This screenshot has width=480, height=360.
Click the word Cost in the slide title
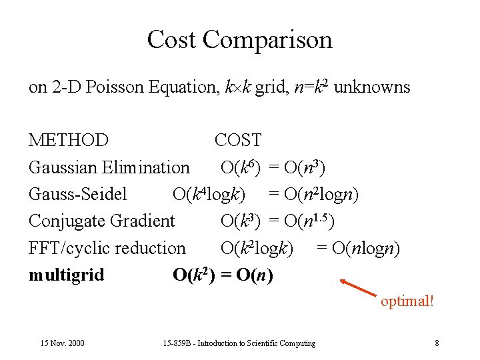click(x=172, y=40)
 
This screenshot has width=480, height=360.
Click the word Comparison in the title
click(x=267, y=40)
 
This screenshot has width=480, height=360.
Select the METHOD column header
click(x=68, y=141)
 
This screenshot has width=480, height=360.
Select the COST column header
click(x=238, y=141)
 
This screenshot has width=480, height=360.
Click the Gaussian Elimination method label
click(x=109, y=167)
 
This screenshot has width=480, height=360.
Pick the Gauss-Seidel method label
click(x=77, y=194)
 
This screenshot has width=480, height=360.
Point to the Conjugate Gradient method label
click(x=101, y=221)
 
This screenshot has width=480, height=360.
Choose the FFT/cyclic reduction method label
click(x=107, y=248)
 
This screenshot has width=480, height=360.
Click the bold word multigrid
click(x=66, y=275)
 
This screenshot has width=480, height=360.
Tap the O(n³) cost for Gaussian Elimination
click(x=305, y=167)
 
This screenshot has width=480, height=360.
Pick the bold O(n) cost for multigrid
click(x=250, y=275)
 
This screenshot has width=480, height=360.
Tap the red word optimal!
click(x=407, y=301)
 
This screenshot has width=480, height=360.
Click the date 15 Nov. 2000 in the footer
click(x=62, y=343)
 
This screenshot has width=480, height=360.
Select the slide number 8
click(x=437, y=343)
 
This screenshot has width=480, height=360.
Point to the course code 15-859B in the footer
click(x=177, y=343)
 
